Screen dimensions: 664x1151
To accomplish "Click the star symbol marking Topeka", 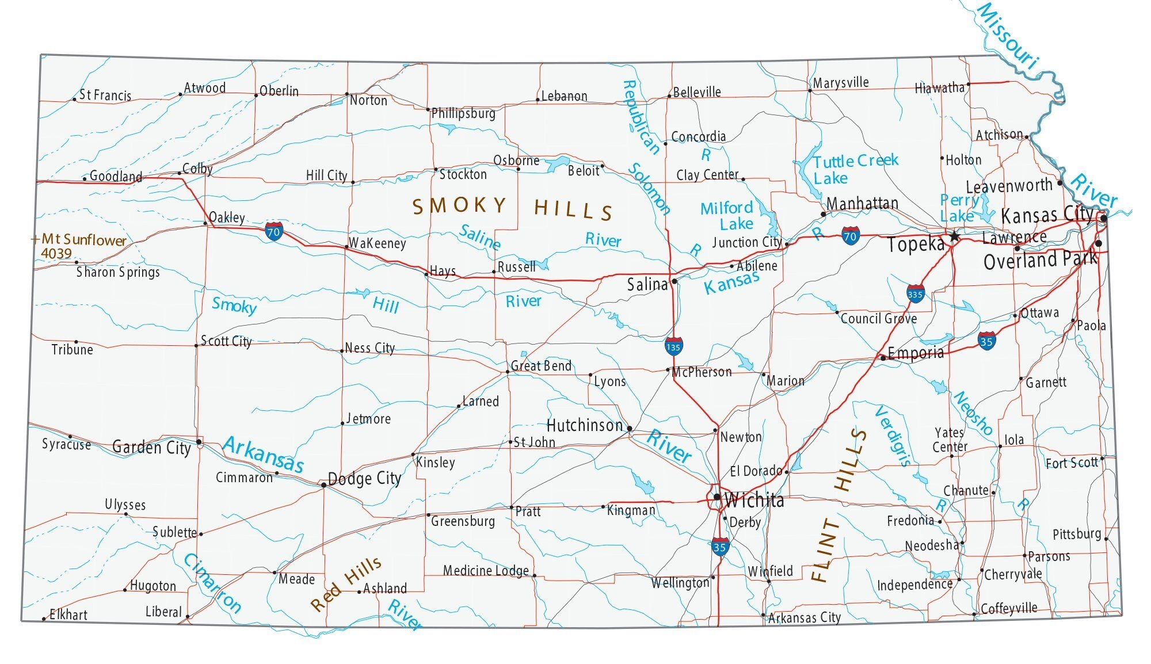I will coord(954,236).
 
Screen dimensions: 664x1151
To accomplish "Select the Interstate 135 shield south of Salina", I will coord(673,346).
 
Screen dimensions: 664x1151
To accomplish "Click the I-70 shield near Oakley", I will coord(274,232).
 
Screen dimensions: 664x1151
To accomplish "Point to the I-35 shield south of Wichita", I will coord(719,547).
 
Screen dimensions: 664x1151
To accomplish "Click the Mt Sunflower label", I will coord(79,240).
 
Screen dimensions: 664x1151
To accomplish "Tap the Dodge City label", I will coord(364,478).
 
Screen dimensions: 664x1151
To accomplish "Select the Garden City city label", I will coord(151,447).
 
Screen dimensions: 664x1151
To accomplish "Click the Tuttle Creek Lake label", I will coord(855,169).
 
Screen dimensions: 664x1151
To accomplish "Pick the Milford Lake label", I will coord(727,215).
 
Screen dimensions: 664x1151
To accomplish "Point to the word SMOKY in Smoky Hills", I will coord(459,205).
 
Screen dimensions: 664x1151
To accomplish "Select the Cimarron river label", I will coord(212,583).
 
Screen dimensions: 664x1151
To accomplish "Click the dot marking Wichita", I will coord(716,497).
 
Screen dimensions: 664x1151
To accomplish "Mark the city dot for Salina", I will coord(674,281).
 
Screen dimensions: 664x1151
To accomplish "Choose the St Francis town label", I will coord(105,95).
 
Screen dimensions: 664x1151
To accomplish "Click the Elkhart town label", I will coord(68,614).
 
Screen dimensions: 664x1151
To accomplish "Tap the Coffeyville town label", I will coord(1009,608).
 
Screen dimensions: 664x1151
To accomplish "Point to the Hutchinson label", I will coord(584,425).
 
